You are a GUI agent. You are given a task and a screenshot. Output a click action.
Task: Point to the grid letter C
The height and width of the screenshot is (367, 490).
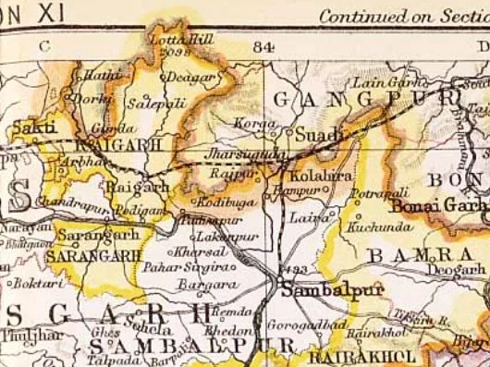[43, 44]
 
